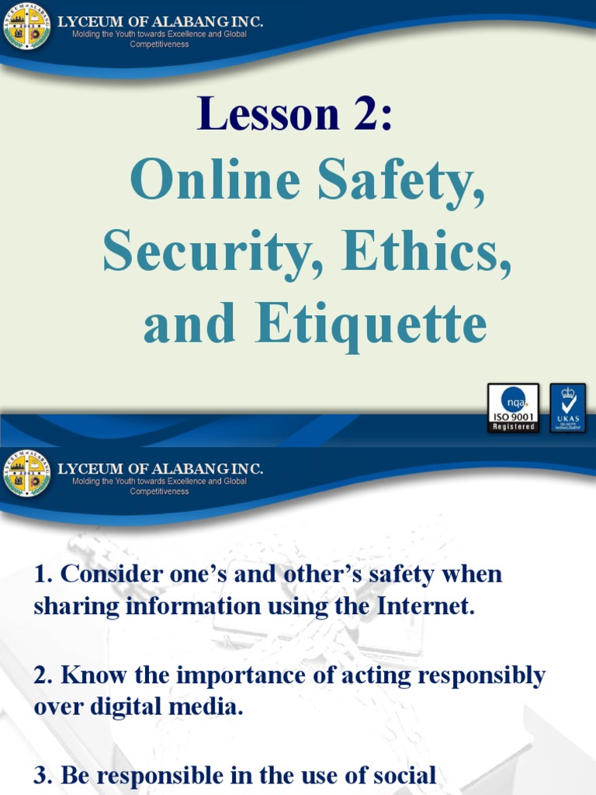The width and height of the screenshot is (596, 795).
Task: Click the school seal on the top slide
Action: pyautogui.click(x=27, y=26)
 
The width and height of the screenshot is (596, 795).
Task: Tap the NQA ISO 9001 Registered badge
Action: pyautogui.click(x=513, y=408)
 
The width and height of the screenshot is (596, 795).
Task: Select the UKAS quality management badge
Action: pyautogui.click(x=568, y=408)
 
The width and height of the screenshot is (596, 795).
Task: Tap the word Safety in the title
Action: pyautogui.click(x=400, y=184)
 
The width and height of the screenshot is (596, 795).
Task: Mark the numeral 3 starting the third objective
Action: pyautogui.click(x=40, y=775)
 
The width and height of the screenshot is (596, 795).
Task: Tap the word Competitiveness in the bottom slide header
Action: pyautogui.click(x=159, y=491)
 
